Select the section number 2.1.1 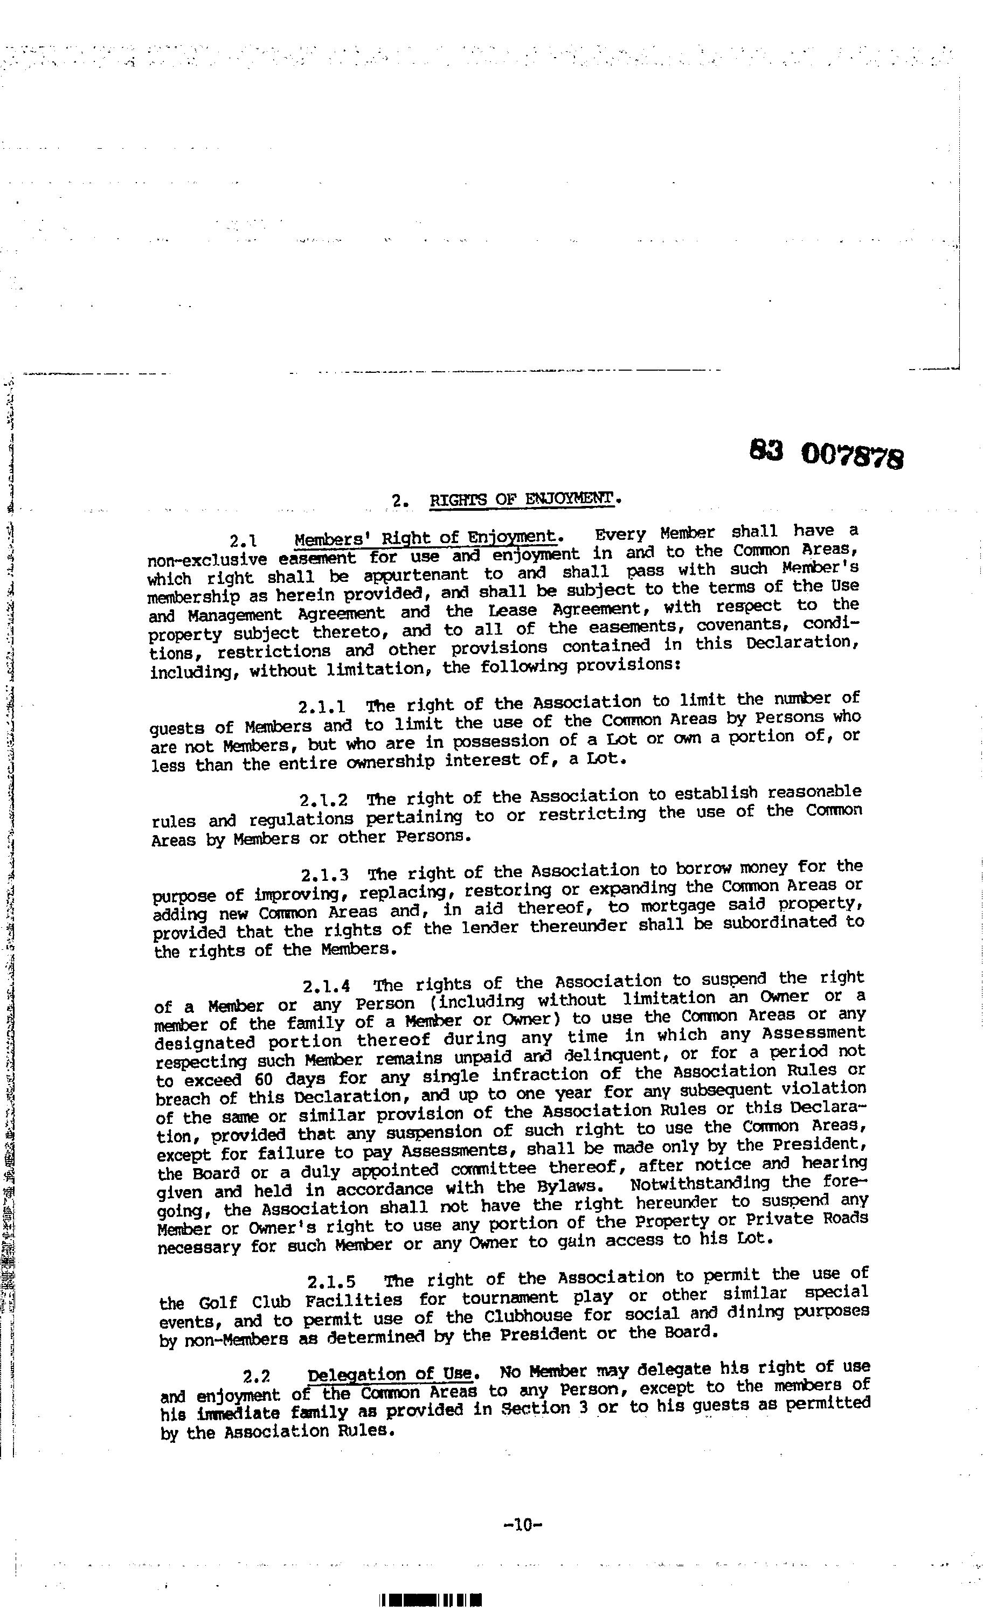[322, 707]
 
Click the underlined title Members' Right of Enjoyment [425, 538]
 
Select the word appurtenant [416, 576]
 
